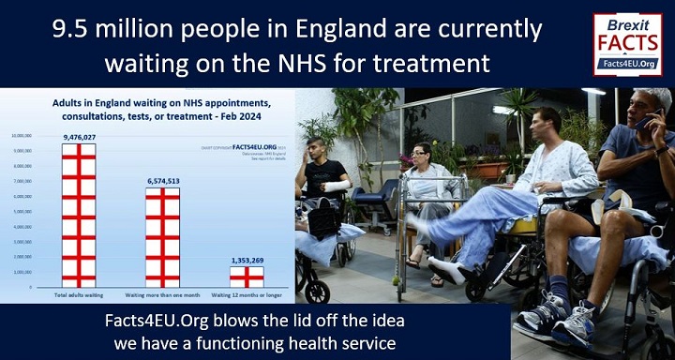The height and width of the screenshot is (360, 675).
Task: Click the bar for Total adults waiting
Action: click(79, 215)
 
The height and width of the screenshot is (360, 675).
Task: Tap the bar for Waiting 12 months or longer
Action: click(247, 277)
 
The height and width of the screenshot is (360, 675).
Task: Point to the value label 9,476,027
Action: click(80, 138)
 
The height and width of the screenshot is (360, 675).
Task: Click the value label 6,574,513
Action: click(162, 182)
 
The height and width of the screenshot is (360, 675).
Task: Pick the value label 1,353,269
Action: click(247, 261)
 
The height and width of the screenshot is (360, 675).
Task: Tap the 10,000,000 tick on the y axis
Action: click(23, 135)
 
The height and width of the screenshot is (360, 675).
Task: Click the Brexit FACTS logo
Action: click(627, 43)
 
